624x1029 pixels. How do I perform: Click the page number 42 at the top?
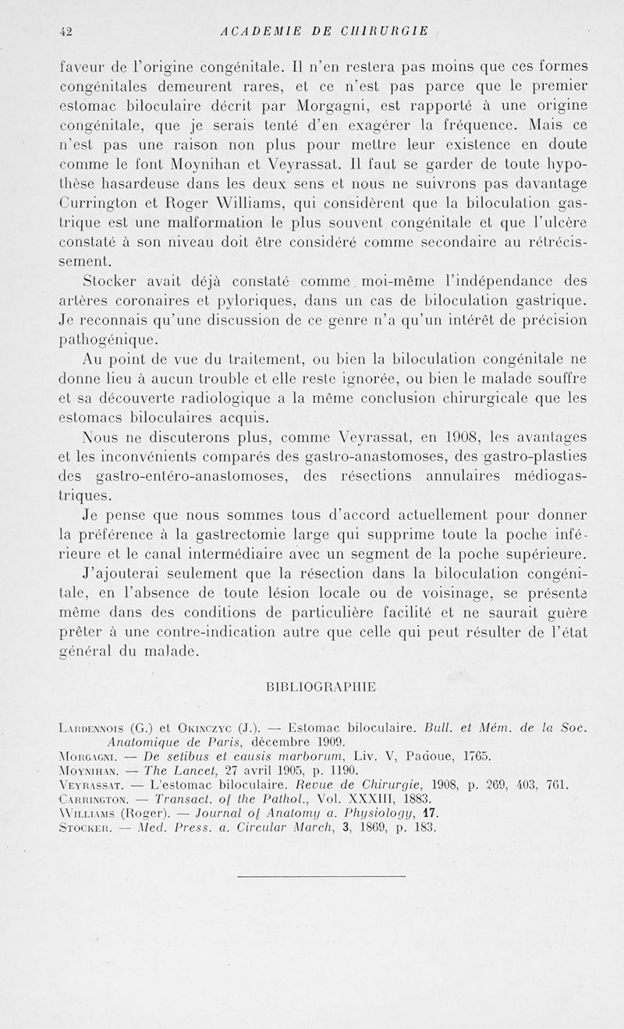point(65,31)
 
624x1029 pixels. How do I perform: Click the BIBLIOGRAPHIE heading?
point(321,687)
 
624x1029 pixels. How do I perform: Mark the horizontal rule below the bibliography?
point(321,876)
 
